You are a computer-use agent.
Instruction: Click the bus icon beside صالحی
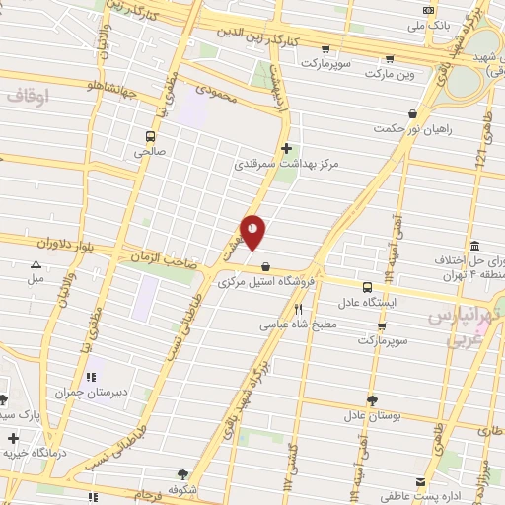click(150, 137)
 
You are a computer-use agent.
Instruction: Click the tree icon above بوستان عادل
click(372, 399)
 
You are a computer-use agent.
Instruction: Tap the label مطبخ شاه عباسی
click(299, 324)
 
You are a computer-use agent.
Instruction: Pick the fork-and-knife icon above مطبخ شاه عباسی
click(299, 310)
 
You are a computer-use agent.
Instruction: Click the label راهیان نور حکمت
click(398, 143)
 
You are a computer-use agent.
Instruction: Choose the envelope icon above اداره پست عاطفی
click(421, 482)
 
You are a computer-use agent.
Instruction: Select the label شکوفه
click(184, 488)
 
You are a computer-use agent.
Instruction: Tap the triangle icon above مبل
click(36, 264)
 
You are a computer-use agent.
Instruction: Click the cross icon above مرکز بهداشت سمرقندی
click(286, 149)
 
